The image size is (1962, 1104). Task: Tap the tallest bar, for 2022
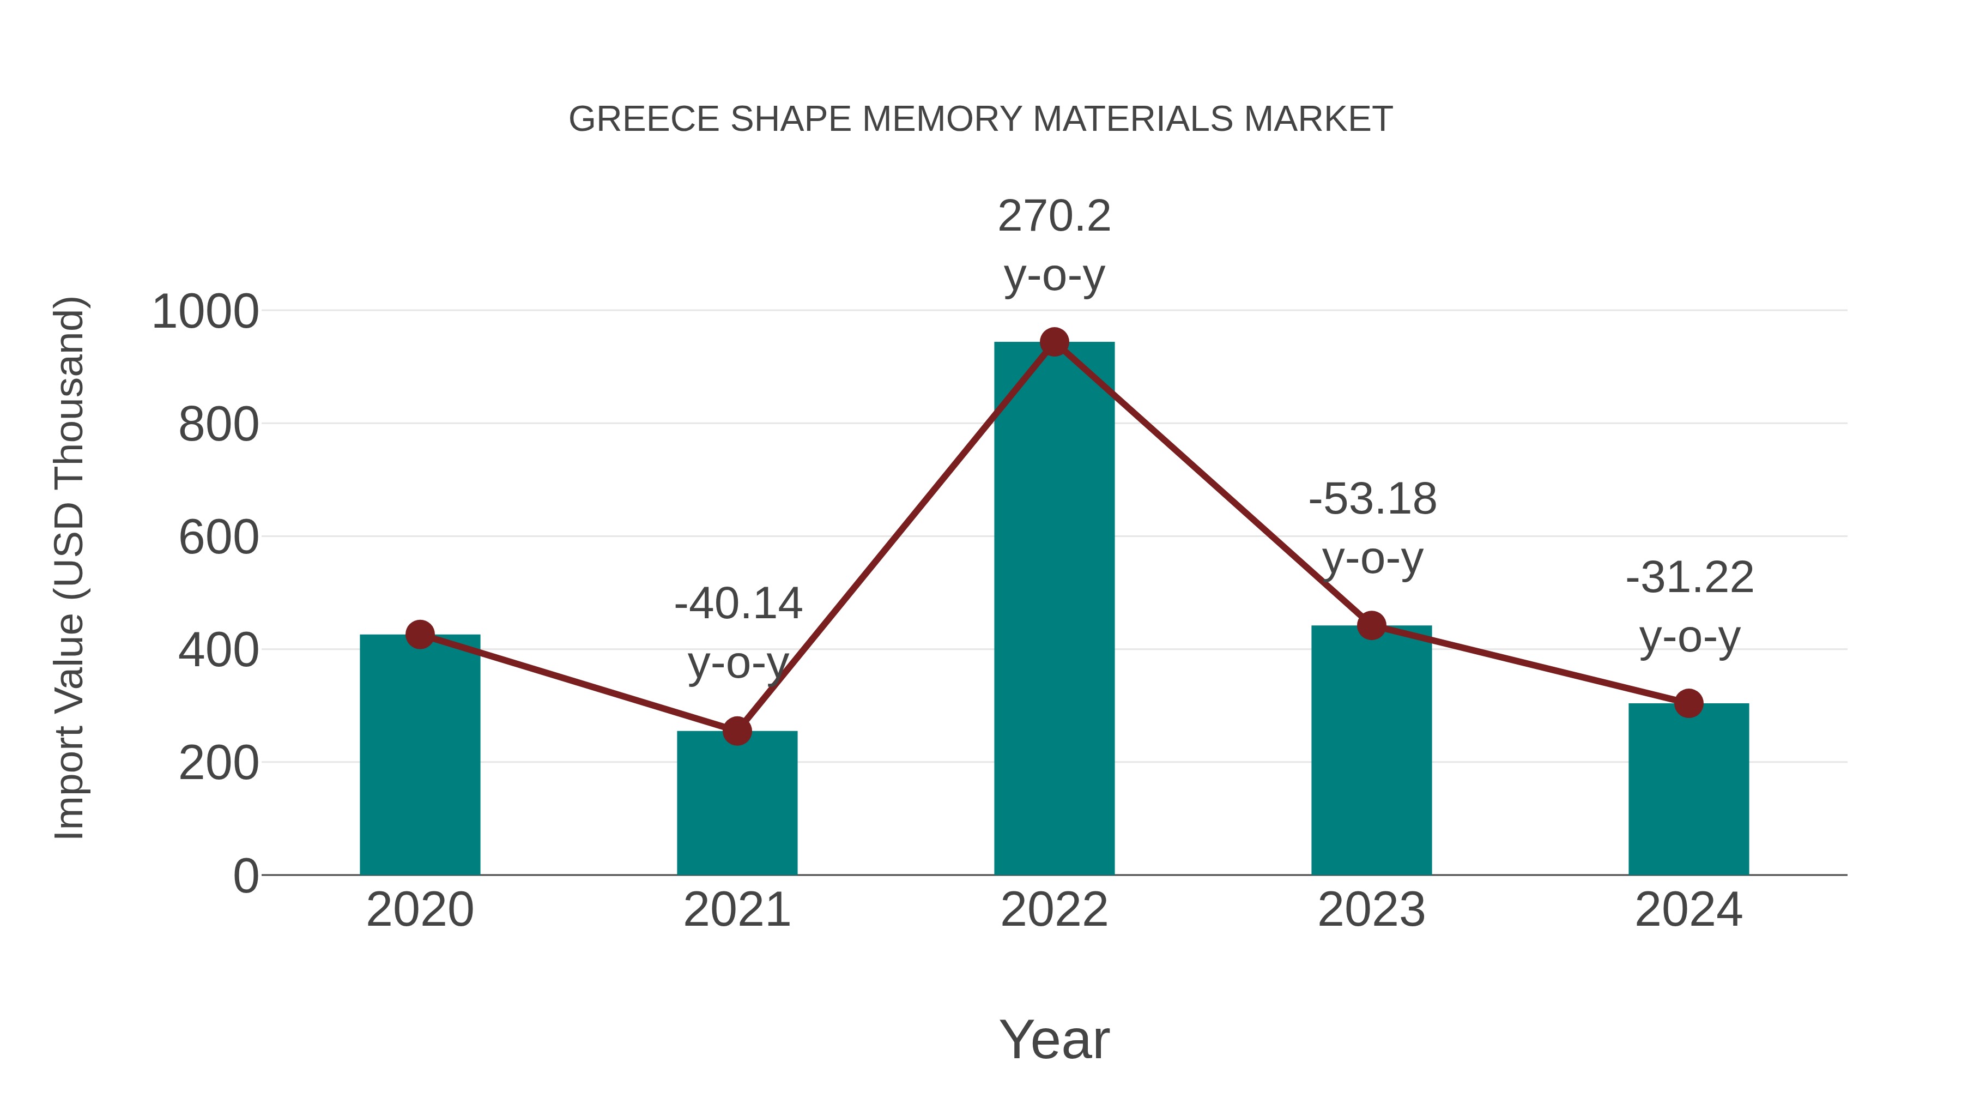[1054, 610]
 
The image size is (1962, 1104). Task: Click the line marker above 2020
[420, 634]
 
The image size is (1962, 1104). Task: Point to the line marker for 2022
[1054, 342]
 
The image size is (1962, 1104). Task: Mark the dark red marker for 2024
[1688, 703]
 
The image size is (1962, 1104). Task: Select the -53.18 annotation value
[1372, 500]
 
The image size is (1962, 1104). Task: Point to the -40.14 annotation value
[738, 604]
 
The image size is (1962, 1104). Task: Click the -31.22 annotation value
[1690, 577]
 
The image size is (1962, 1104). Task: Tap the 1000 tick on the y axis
[205, 312]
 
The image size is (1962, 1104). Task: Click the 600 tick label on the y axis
[219, 538]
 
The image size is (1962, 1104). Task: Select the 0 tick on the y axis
[245, 876]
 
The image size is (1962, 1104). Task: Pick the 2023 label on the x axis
[1371, 910]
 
